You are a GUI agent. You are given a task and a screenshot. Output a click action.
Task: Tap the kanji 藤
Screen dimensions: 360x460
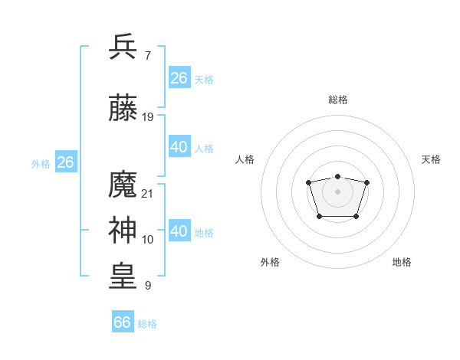(123, 107)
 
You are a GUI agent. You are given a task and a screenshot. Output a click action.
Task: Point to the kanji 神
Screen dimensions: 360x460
(123, 231)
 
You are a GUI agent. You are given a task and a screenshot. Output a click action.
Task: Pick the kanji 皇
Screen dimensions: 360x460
(123, 277)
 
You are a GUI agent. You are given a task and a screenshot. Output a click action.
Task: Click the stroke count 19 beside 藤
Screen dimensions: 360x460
(148, 117)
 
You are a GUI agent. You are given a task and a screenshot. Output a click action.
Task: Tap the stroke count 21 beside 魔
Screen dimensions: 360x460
(148, 194)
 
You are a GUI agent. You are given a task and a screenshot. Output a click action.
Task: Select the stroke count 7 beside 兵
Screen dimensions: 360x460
(147, 56)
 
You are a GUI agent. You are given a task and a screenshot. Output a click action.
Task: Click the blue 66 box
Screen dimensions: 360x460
(123, 322)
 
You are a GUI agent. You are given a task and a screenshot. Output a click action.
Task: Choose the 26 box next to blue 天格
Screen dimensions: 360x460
(179, 78)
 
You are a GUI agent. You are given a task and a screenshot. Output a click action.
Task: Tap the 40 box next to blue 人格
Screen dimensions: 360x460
(179, 147)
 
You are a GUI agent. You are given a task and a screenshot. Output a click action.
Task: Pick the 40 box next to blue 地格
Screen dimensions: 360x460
(179, 231)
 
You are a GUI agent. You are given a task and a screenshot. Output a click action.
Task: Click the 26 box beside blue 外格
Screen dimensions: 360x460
(65, 162)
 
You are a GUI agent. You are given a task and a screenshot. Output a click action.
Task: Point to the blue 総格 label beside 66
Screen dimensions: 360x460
(147, 324)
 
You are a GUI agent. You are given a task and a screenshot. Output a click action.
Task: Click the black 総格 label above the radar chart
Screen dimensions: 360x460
(337, 100)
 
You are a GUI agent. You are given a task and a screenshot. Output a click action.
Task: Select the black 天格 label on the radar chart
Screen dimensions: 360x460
(431, 159)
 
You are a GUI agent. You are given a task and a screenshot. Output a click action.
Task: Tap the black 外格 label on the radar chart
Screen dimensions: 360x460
(270, 262)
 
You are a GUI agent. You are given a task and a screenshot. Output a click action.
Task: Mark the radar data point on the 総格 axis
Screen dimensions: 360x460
(337, 177)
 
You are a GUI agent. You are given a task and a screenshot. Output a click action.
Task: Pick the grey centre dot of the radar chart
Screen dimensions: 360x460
(337, 191)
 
